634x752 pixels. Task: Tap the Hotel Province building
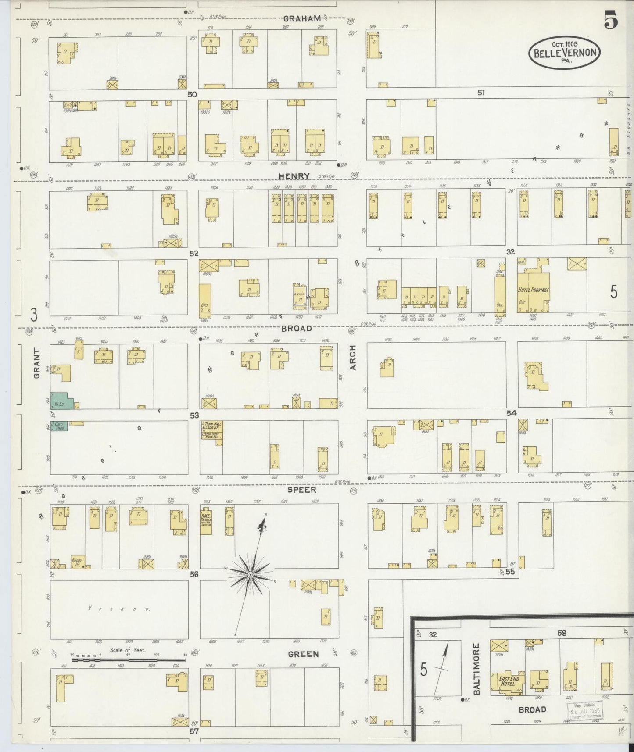[x=534, y=290]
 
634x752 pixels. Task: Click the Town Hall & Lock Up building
[x=212, y=430]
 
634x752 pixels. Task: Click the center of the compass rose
[x=250, y=575]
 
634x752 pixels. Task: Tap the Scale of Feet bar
[x=129, y=660]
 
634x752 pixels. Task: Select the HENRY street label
[x=294, y=175]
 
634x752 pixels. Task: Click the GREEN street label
[x=303, y=654]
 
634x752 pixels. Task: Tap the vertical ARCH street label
[x=354, y=358]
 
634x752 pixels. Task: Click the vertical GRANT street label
[x=37, y=363]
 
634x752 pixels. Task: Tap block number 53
[x=194, y=415]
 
